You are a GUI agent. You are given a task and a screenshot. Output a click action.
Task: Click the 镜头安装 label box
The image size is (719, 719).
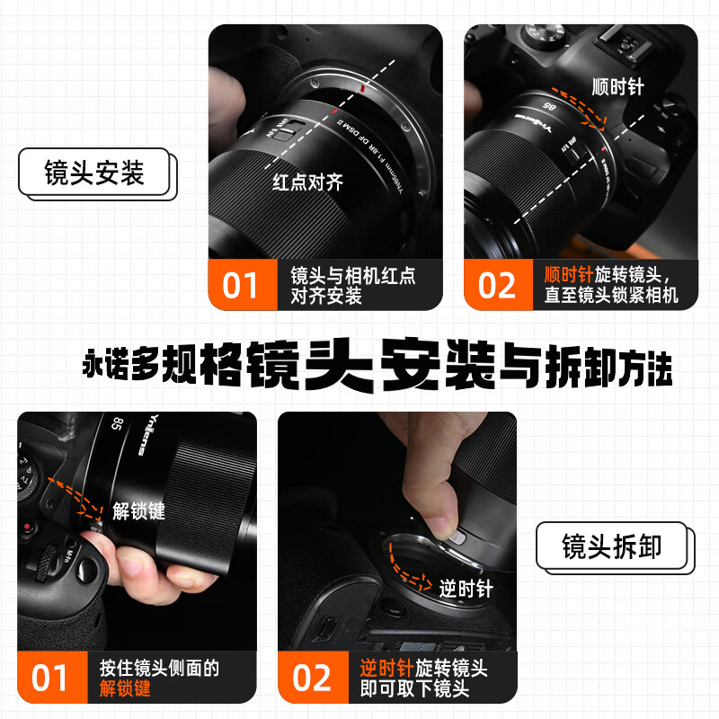[93, 173]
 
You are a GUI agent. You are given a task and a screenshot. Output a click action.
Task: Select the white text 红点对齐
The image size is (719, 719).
[308, 182]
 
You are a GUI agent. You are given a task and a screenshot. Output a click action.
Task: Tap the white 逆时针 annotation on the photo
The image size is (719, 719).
[466, 590]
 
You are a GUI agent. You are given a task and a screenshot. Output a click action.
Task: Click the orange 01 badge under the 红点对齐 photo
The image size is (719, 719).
[240, 285]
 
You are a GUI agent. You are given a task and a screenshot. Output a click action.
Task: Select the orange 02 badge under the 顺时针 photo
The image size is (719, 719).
[497, 285]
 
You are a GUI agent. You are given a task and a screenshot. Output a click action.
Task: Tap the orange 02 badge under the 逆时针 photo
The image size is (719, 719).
[311, 678]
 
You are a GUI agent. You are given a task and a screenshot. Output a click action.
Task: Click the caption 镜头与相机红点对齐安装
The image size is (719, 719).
[352, 285]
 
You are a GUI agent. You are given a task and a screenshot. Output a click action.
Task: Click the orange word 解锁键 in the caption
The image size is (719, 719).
[125, 689]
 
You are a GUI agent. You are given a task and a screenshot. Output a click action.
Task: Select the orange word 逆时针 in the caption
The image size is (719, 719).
[387, 668]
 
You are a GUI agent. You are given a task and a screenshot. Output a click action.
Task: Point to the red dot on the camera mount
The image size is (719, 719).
[359, 91]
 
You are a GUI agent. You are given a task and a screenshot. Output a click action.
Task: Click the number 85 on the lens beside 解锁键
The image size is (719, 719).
[117, 424]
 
